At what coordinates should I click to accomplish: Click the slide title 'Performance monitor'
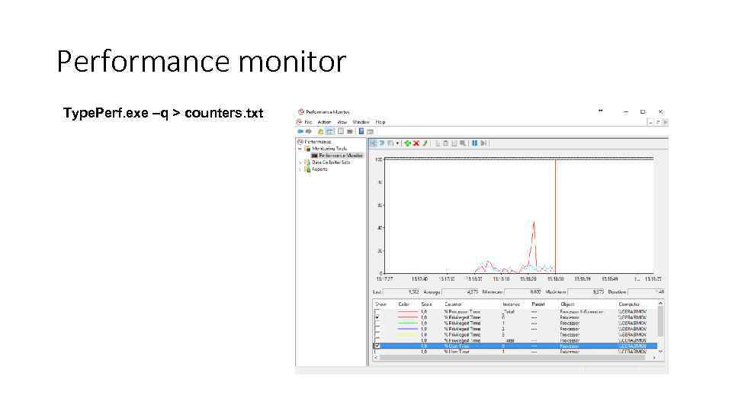(x=201, y=62)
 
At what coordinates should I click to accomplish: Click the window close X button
(x=660, y=111)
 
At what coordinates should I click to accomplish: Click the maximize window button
(x=643, y=111)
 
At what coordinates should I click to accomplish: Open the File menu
(x=308, y=121)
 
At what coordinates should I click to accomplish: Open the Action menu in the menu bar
(x=324, y=121)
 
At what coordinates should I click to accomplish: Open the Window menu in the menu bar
(x=361, y=121)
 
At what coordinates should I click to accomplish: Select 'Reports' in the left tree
(x=319, y=169)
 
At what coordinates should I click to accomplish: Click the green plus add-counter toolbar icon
(x=408, y=143)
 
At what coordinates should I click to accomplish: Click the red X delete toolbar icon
(x=416, y=143)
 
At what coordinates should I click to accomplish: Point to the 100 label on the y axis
(x=378, y=159)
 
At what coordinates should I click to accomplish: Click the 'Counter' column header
(x=454, y=304)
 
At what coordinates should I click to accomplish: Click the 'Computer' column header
(x=629, y=304)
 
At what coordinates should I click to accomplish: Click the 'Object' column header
(x=568, y=304)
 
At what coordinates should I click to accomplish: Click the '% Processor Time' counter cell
(x=463, y=311)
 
